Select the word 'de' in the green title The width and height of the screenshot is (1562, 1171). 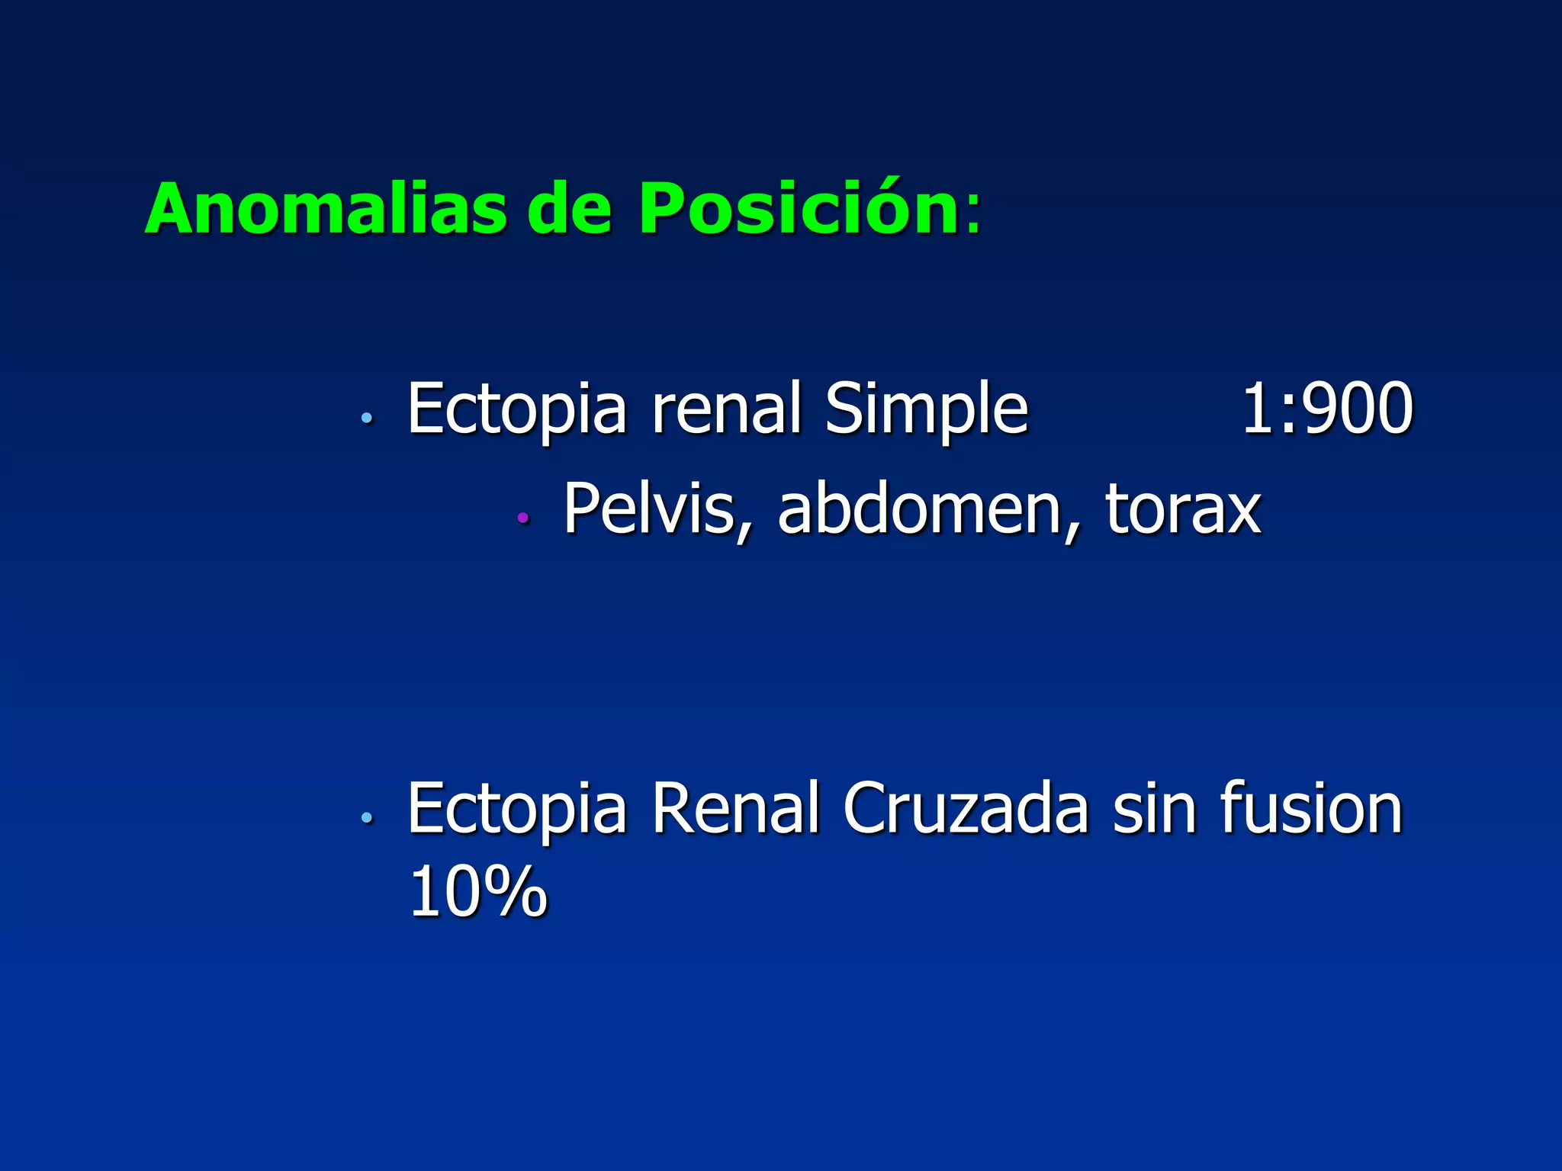click(569, 208)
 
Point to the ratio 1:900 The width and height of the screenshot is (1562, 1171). click(1327, 409)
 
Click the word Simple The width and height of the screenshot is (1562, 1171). click(927, 409)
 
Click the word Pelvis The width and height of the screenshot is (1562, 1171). click(648, 509)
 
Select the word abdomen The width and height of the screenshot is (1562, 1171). click(919, 509)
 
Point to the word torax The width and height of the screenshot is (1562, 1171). click(1182, 509)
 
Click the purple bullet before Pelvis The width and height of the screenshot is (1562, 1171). click(522, 518)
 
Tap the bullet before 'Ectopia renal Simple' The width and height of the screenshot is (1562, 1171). click(367, 418)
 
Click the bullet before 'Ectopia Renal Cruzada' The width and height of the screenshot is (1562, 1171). click(367, 818)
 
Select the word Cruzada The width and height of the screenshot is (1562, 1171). click(965, 809)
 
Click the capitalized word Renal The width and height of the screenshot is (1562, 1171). click(734, 809)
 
